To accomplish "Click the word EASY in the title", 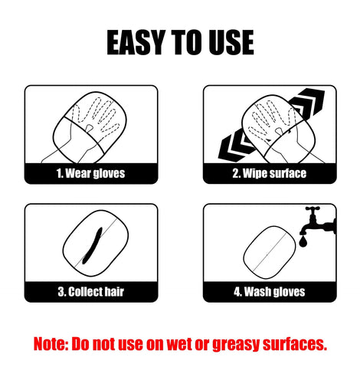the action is [x=136, y=42].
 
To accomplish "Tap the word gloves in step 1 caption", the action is [x=109, y=174].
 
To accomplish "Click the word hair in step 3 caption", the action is [x=114, y=292].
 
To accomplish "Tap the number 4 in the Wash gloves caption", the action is [x=237, y=292].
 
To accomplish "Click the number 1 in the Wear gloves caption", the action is [x=59, y=174].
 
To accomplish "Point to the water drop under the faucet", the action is [x=303, y=241].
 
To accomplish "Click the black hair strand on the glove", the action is [x=93, y=245].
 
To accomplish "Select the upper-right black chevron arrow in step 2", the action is [x=308, y=103].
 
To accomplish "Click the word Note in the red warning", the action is [x=51, y=344].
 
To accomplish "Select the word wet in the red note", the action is [x=178, y=344].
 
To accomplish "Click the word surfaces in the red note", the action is [x=295, y=344].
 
